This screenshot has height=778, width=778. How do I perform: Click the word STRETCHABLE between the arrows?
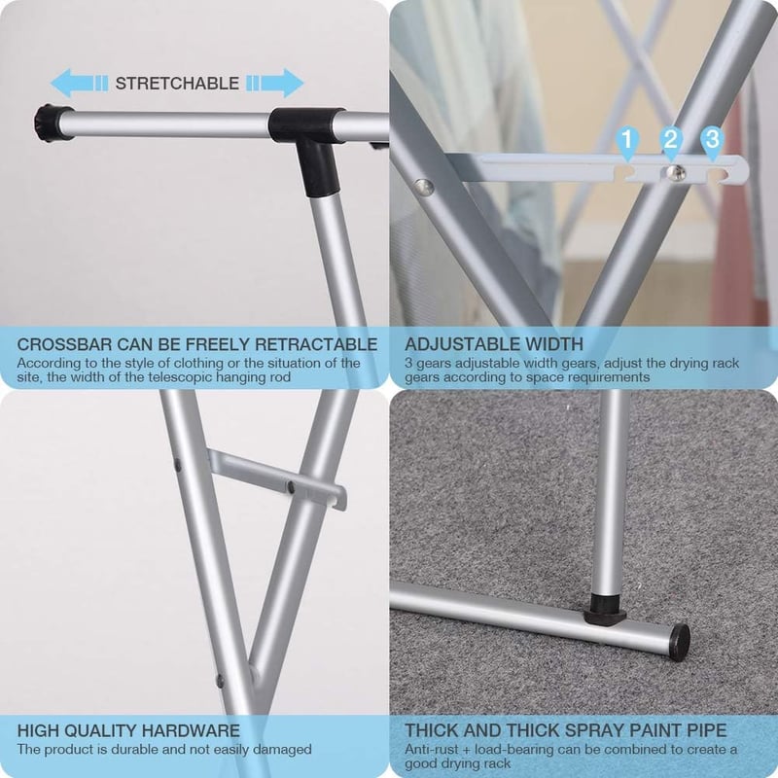point(177,84)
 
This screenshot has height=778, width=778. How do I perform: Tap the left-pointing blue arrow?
point(80,83)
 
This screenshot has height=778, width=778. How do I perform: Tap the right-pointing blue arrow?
point(275,83)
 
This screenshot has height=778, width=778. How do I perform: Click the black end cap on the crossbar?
point(48,123)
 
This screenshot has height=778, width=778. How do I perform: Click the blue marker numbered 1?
point(627,142)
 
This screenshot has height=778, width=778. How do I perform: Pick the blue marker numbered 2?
point(670,142)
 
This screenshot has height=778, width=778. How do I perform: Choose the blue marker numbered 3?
point(713,142)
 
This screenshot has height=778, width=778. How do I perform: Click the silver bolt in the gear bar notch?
point(675,173)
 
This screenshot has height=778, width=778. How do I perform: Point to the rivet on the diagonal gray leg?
point(424,188)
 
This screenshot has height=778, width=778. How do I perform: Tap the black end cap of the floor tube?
point(679,639)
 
